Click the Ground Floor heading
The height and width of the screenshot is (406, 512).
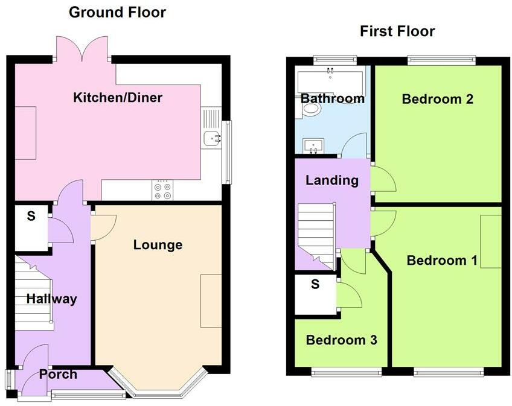click(117, 13)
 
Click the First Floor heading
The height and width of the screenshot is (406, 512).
click(397, 31)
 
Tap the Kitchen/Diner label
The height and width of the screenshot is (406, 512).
click(118, 98)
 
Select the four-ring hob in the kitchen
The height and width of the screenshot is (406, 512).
click(162, 190)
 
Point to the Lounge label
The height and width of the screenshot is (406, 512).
click(158, 245)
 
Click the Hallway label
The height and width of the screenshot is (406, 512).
click(51, 299)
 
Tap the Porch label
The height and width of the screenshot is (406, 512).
click(58, 375)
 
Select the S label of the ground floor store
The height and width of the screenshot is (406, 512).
click(31, 216)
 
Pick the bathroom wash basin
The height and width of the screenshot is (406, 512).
click(313, 145)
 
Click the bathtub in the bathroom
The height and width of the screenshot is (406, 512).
click(329, 80)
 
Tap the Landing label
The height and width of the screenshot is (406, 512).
click(331, 180)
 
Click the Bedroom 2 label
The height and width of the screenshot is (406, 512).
click(438, 99)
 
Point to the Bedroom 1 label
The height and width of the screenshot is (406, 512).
click(442, 261)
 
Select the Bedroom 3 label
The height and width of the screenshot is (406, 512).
click(341, 340)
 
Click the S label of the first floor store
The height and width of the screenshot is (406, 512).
click(315, 284)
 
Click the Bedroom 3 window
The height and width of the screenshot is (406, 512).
click(347, 372)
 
